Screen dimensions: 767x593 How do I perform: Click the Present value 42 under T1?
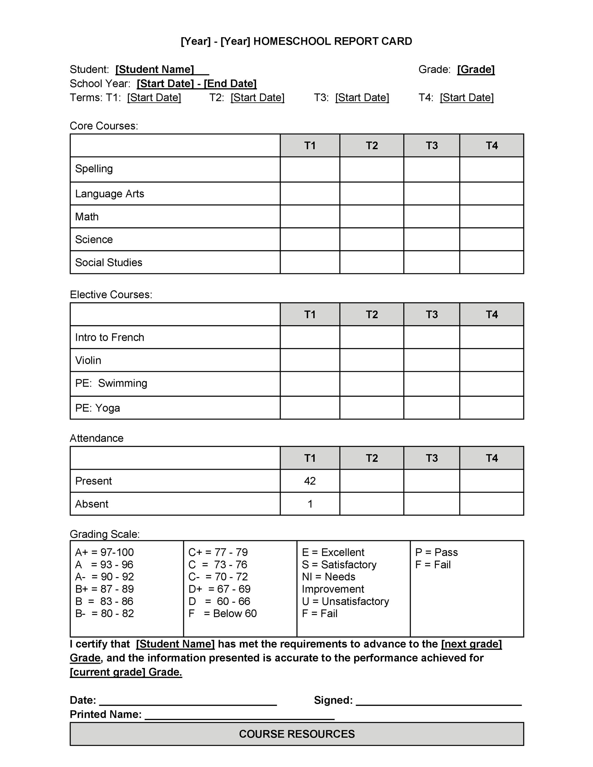point(309,481)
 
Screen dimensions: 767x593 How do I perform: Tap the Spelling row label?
point(94,168)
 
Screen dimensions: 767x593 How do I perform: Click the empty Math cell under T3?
point(432,216)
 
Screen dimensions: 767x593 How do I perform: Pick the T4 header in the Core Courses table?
point(491,145)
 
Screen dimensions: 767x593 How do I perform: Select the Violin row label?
point(88,360)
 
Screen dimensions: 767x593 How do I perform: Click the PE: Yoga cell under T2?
point(371,408)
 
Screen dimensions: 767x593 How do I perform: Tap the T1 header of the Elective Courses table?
point(309,314)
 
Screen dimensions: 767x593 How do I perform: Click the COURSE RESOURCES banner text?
point(296,734)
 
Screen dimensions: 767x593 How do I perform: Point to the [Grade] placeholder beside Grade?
point(476,70)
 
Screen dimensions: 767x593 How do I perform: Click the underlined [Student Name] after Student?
point(155,70)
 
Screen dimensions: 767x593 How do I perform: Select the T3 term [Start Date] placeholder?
point(362,98)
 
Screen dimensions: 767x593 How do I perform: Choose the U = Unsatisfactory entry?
point(345,601)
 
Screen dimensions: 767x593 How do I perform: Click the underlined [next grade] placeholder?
point(471,644)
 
